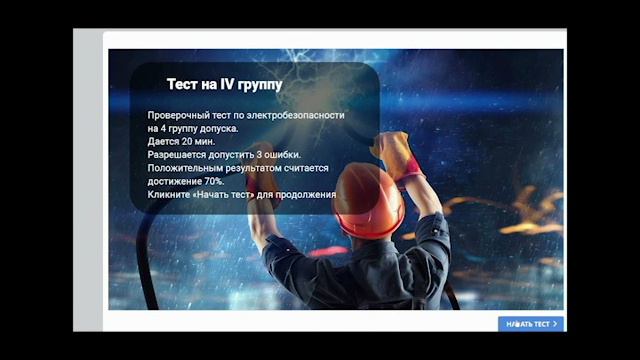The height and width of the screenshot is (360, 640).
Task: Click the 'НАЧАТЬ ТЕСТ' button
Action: coord(530,324)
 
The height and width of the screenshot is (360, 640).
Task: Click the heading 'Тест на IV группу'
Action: coord(223,85)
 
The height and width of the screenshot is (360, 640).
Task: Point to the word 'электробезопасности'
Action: coord(295,116)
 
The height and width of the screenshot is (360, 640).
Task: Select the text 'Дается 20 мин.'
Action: coord(180,142)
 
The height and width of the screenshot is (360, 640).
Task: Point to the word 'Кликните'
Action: coord(165,194)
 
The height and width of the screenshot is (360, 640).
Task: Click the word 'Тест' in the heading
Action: coord(183,85)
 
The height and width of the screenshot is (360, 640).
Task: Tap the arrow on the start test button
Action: coord(555,324)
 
